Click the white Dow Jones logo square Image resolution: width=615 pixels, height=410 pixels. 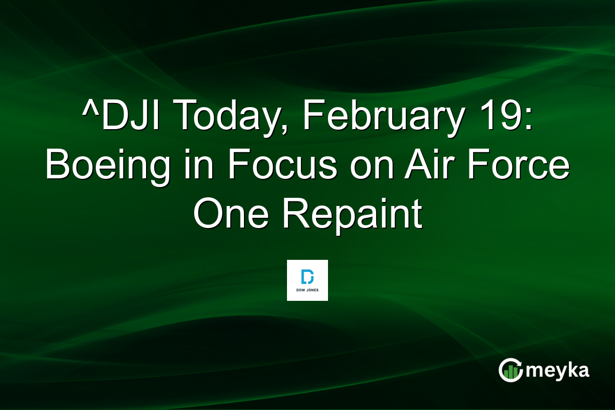point(307,280)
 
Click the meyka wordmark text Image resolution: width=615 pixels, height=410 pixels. point(559,371)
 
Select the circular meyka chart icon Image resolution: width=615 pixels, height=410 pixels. point(510,370)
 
